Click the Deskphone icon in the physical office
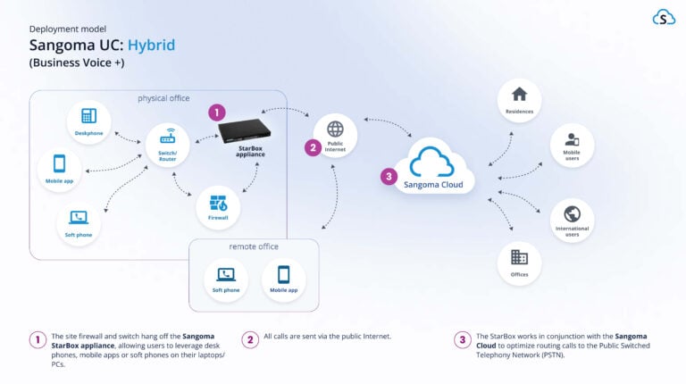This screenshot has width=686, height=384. coord(88,116)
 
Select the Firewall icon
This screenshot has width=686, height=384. coord(218,203)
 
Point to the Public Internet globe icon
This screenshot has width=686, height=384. coord(335,129)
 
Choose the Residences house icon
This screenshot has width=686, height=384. coord(519,94)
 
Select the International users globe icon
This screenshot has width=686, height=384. coord(572,214)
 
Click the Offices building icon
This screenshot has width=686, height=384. coord(519,257)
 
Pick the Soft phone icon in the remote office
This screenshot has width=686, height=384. coord(226,274)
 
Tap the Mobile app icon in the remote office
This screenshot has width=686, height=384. coord(284,274)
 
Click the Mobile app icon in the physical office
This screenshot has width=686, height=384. coord(59,164)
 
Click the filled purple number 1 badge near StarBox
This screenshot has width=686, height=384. coord(216,113)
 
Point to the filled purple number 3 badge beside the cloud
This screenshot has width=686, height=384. coord(388,177)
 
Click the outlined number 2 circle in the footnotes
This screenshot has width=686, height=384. coord(249,339)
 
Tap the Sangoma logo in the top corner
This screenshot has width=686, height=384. coord(664,17)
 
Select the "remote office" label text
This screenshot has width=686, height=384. coord(254,246)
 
